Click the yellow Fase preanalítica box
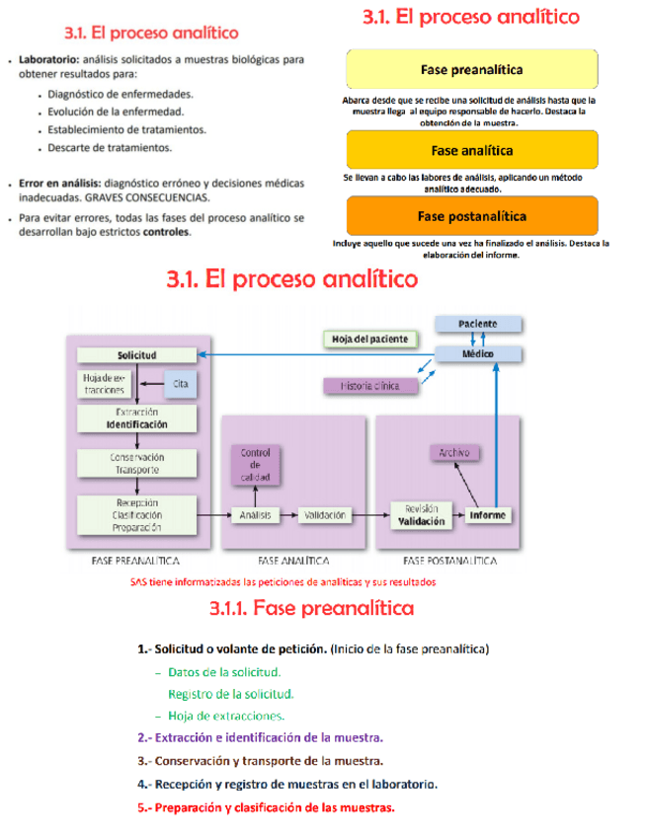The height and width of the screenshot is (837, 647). (x=471, y=70)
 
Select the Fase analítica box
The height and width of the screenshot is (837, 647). (x=471, y=150)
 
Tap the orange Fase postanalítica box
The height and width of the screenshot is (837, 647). (x=471, y=216)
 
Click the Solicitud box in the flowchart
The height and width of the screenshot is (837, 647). (x=136, y=354)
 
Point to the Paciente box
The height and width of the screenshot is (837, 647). (x=477, y=324)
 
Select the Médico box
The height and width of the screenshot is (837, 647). (x=477, y=353)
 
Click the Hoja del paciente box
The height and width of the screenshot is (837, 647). (x=366, y=340)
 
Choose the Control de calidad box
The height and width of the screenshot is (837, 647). (x=254, y=465)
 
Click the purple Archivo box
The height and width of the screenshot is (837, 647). (x=454, y=452)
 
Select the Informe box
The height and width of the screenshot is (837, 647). (x=488, y=514)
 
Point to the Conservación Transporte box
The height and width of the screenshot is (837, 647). (x=136, y=464)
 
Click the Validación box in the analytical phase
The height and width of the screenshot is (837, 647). (x=324, y=514)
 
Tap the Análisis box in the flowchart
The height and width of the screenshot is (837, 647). (x=254, y=514)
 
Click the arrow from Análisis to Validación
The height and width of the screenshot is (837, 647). (x=288, y=514)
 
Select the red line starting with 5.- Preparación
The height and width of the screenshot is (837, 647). (x=266, y=807)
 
